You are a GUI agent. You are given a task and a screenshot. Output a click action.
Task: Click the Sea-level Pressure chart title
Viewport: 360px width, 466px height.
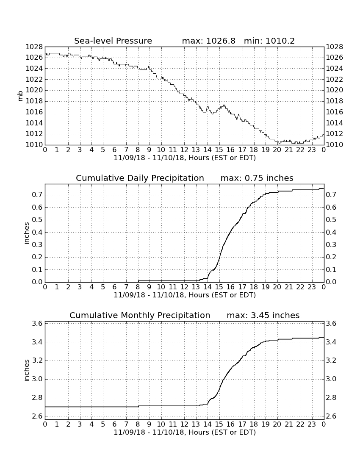pyautogui.click(x=113, y=41)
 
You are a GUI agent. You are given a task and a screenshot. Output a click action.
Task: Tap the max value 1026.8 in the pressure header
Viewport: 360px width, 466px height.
pyautogui.click(x=221, y=41)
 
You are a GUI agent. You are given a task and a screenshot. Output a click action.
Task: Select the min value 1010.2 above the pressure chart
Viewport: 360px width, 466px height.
pyautogui.click(x=280, y=41)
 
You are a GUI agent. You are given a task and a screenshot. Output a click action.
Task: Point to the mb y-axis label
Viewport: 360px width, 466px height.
pyautogui.click(x=20, y=96)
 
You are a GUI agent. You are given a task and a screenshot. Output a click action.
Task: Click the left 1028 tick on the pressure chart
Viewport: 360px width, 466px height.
pyautogui.click(x=34, y=47)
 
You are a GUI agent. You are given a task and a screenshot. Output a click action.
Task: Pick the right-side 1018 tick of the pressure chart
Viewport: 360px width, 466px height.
pyautogui.click(x=335, y=101)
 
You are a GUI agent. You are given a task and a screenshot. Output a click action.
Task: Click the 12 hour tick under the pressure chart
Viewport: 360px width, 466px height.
pyautogui.click(x=184, y=150)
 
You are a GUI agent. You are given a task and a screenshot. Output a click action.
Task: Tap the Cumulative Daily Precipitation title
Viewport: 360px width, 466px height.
pyautogui.click(x=140, y=178)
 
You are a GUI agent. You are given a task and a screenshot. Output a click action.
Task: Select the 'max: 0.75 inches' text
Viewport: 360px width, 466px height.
pyautogui.click(x=257, y=178)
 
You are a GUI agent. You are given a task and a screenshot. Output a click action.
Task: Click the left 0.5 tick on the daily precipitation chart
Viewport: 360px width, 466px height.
pyautogui.click(x=37, y=220)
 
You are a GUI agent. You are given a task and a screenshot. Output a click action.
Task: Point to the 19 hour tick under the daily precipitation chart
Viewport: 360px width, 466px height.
pyautogui.click(x=266, y=287)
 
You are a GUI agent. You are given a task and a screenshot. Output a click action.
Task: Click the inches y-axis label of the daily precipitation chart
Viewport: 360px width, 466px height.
pyautogui.click(x=26, y=233)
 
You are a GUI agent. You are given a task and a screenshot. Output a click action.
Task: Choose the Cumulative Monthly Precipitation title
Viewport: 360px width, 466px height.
pyautogui.click(x=140, y=315)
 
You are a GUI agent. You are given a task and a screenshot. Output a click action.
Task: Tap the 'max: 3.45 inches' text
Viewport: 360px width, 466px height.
pyautogui.click(x=263, y=315)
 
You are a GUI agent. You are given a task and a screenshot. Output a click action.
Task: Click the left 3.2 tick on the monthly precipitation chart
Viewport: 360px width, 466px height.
pyautogui.click(x=37, y=361)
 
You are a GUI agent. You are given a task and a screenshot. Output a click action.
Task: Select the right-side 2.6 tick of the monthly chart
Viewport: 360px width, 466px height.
pyautogui.click(x=331, y=416)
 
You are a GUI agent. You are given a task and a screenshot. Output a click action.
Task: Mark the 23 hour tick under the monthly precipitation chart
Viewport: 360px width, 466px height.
pyautogui.click(x=312, y=424)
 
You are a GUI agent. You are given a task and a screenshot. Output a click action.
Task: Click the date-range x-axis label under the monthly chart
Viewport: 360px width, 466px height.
pyautogui.click(x=185, y=433)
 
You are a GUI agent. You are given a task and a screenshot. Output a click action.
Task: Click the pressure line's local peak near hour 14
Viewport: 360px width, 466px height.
pyautogui.click(x=208, y=106)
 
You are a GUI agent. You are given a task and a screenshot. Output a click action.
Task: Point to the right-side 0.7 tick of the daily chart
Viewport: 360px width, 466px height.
pyautogui.click(x=331, y=195)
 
